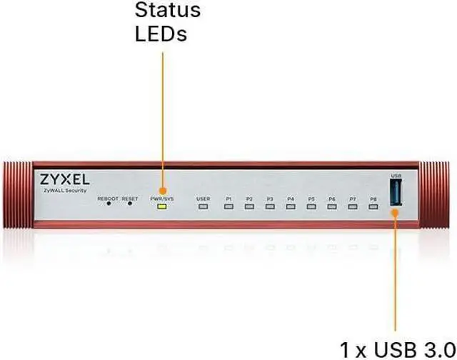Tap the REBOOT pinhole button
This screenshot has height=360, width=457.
[109, 203]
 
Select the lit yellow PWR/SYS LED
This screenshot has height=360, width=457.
[162, 206]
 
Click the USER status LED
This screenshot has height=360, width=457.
[204, 206]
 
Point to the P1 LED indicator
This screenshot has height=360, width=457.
[228, 206]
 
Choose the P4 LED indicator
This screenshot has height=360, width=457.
[291, 206]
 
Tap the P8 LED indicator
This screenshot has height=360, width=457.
[373, 206]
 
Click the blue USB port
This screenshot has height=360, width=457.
[396, 194]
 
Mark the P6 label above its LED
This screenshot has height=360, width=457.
[332, 198]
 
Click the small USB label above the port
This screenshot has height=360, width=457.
[396, 176]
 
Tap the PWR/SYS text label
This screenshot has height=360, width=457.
[161, 198]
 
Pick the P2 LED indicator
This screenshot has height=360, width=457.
[249, 206]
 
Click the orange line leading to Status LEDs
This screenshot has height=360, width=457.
[163, 121]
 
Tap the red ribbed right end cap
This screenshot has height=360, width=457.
[440, 195]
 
